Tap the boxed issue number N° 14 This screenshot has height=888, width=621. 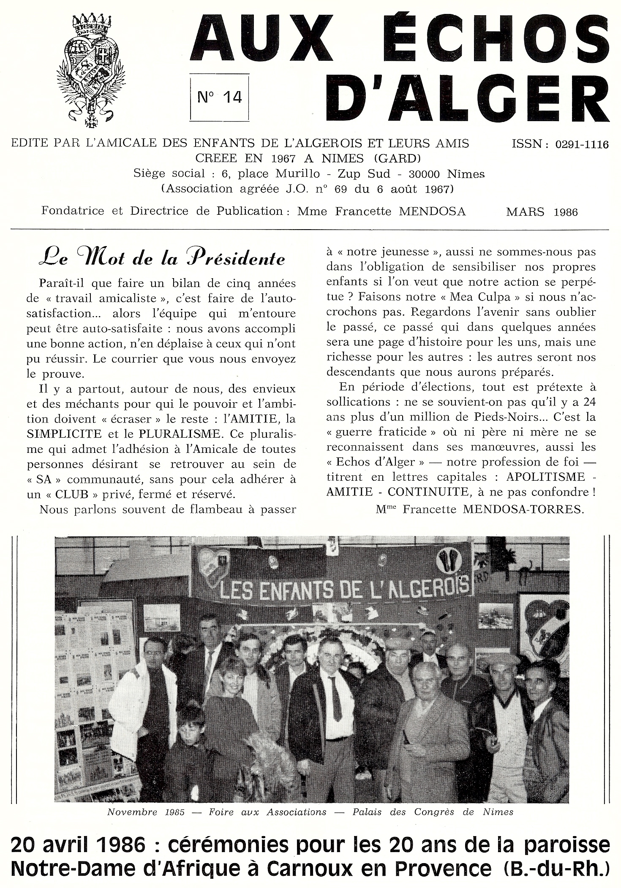point(220,97)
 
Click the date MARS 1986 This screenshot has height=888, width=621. point(542,212)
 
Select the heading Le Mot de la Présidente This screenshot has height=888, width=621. point(161,258)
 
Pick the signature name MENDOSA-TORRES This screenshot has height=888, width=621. point(523,509)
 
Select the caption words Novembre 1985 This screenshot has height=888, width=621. point(146,812)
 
